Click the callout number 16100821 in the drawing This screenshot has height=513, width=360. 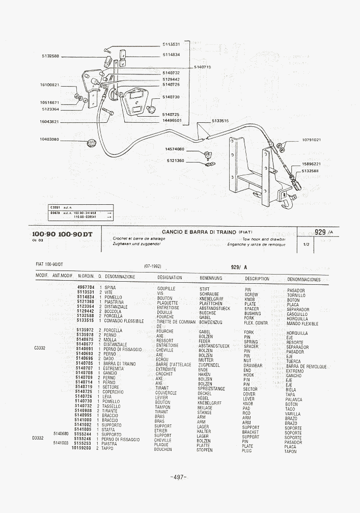(x=49, y=85)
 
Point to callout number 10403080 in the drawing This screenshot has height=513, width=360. (x=49, y=139)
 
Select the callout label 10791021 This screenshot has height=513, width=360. (x=311, y=140)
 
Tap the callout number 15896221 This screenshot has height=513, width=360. (x=311, y=164)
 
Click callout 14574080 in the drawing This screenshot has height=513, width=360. (x=174, y=149)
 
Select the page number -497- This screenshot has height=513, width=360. (x=178, y=477)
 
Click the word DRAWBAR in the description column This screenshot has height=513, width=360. (x=253, y=365)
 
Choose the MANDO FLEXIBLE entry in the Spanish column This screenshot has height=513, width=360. (x=302, y=323)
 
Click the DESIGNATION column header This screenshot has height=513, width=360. (x=170, y=278)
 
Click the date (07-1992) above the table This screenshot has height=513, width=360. (x=153, y=266)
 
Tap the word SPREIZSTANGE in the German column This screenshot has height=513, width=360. (x=211, y=388)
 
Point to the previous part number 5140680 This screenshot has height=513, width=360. (x=60, y=434)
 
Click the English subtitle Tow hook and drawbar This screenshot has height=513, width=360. (x=264, y=238)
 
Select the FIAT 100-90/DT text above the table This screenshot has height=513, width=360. (x=49, y=264)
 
